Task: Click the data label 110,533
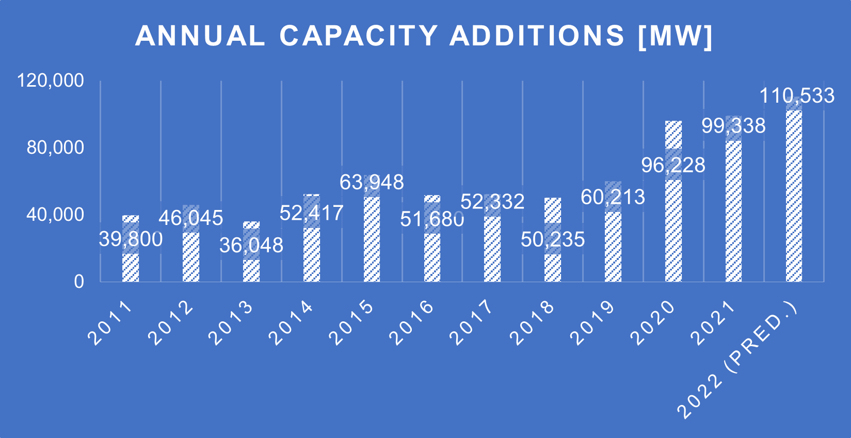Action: pyautogui.click(x=797, y=96)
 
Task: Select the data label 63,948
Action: pyautogui.click(x=372, y=183)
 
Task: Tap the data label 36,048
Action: pyautogui.click(x=251, y=246)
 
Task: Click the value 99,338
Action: pyautogui.click(x=733, y=126)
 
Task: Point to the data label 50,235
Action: pyautogui.click(x=553, y=239)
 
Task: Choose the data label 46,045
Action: pyautogui.click(x=190, y=218)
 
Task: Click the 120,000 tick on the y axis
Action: pyautogui.click(x=51, y=80)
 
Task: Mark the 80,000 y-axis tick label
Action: pyautogui.click(x=55, y=148)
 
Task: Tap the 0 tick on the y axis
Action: pyautogui.click(x=78, y=282)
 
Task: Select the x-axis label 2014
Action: pyautogui.click(x=292, y=323)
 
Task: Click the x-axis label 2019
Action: pyautogui.click(x=593, y=323)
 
